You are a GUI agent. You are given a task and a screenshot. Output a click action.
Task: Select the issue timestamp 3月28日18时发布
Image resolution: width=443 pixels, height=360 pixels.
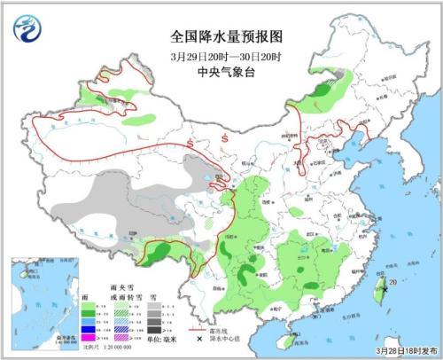point(405,351)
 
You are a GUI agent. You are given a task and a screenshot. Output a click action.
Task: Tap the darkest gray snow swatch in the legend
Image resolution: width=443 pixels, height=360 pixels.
point(152,330)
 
